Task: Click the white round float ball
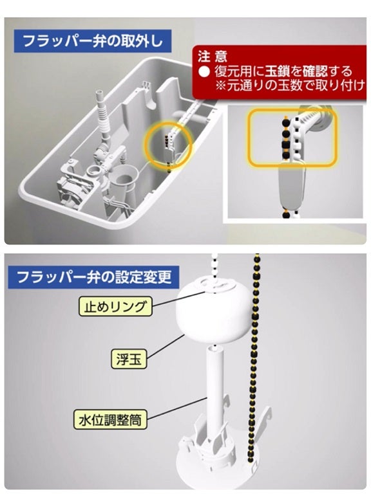point(212,309)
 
